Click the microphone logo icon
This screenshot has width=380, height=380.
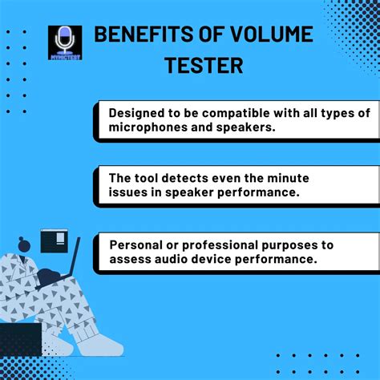(x=64, y=42)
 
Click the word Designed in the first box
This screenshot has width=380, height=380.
(x=139, y=112)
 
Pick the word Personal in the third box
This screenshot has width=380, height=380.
(x=139, y=245)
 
